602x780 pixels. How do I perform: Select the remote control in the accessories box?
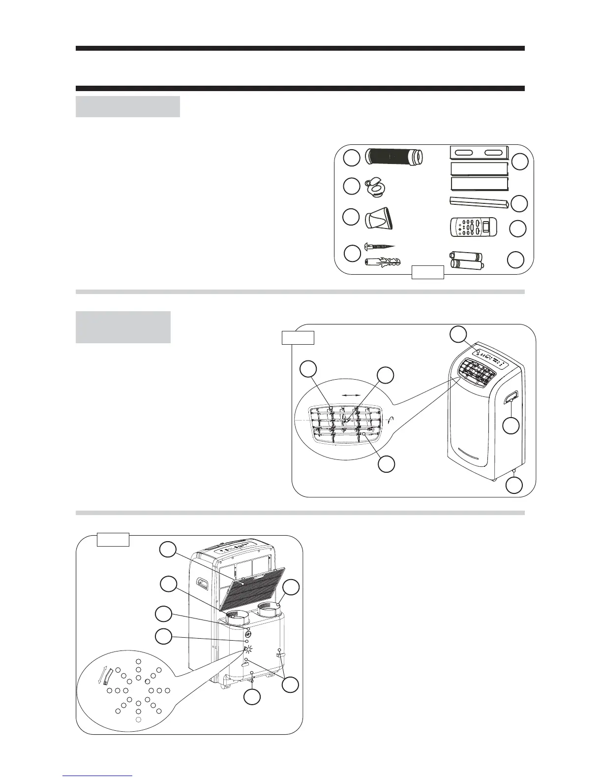pyautogui.click(x=474, y=228)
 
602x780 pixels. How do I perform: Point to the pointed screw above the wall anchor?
pyautogui.click(x=380, y=246)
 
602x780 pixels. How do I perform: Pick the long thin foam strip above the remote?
pyautogui.click(x=474, y=201)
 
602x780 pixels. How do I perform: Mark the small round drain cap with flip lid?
pyautogui.click(x=376, y=187)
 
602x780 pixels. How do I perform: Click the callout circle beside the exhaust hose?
pyautogui.click(x=351, y=158)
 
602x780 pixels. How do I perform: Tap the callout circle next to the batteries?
pyautogui.click(x=515, y=260)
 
